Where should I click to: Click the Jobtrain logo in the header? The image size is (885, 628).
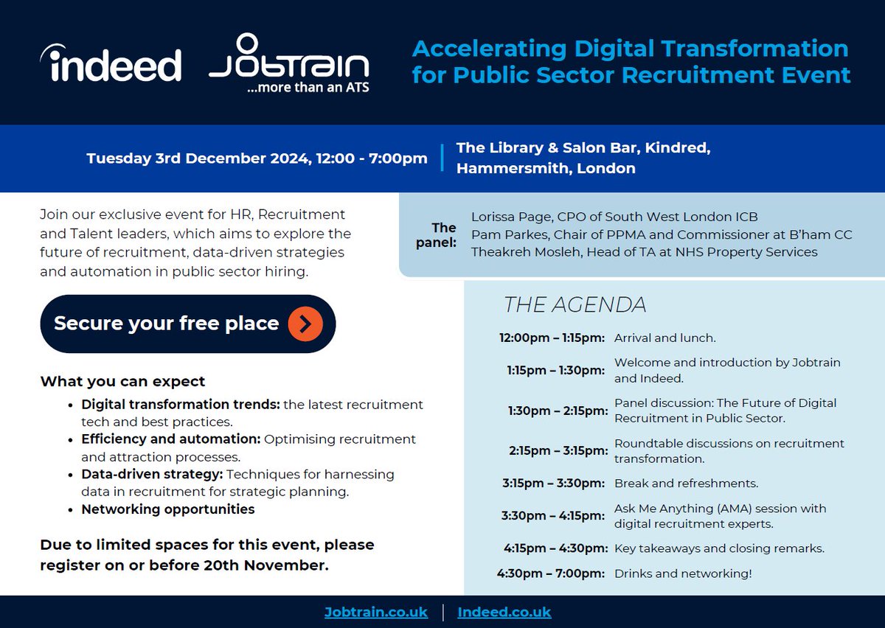[289, 59]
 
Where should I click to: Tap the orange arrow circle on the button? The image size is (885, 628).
[305, 324]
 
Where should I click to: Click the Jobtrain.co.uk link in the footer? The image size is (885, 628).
[376, 613]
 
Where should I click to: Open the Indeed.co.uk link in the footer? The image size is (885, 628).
[504, 613]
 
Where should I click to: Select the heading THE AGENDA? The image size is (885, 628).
[575, 304]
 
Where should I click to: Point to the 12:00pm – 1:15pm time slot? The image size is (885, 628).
[552, 338]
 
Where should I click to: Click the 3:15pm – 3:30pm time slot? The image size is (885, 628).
[553, 484]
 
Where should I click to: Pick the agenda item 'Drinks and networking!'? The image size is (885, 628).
[683, 573]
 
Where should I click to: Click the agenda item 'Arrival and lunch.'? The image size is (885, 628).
[664, 338]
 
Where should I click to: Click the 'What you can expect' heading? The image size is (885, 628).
[122, 382]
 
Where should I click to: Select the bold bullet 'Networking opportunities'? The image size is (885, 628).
[168, 509]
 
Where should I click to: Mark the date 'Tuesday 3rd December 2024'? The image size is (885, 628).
[197, 158]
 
